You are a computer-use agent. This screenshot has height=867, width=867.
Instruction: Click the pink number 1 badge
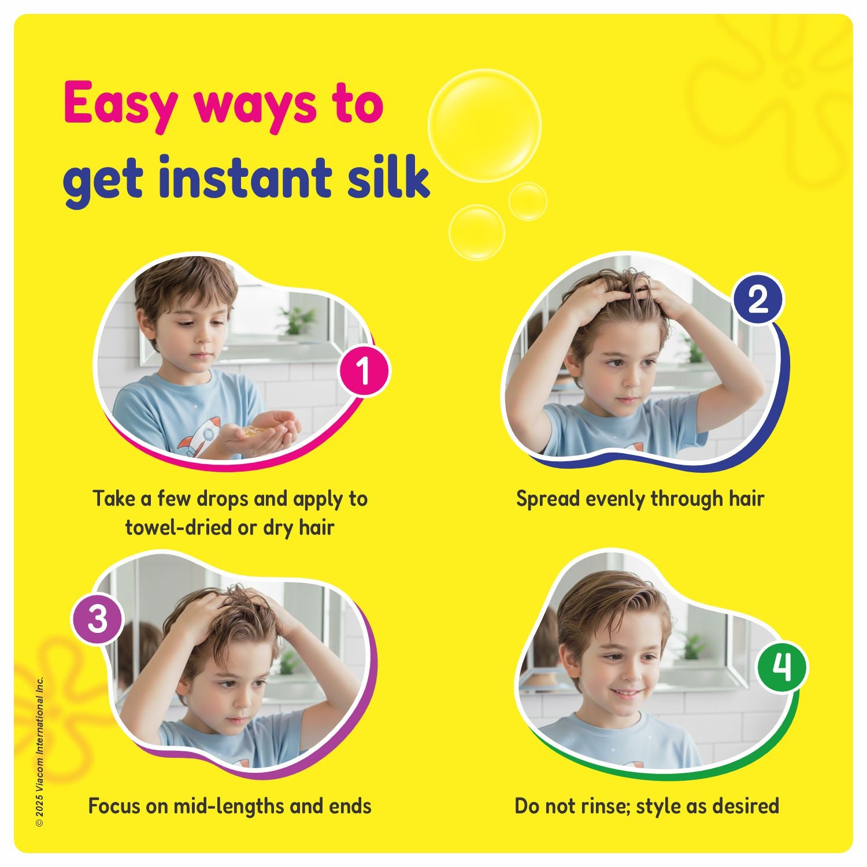(364, 370)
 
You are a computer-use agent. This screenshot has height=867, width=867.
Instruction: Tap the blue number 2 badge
(758, 300)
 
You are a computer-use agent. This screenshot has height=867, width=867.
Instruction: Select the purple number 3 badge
(98, 620)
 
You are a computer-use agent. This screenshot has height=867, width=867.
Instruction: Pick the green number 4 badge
(782, 668)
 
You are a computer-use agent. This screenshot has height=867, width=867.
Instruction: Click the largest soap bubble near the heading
(484, 125)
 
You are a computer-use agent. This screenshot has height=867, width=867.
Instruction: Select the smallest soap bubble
(528, 201)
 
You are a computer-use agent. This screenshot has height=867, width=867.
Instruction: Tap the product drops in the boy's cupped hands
(255, 431)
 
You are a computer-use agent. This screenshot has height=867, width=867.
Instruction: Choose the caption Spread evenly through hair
(640, 499)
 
